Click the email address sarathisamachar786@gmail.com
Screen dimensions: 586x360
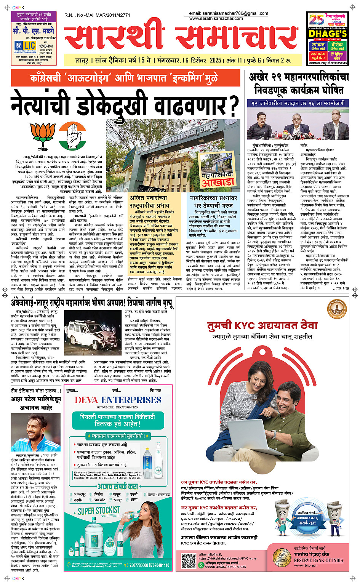pyautogui.click(x=229, y=13)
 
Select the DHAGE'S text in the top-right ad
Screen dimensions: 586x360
pyautogui.click(x=328, y=34)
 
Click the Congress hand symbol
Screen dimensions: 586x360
pyautogui.click(x=72, y=135)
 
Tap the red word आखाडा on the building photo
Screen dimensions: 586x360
pyautogui.click(x=218, y=182)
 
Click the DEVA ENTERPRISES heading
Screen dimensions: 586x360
pyautogui.click(x=118, y=400)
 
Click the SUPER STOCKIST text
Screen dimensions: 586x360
pyautogui.click(x=99, y=511)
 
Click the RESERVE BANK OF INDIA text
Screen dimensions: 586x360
pyautogui.click(x=318, y=560)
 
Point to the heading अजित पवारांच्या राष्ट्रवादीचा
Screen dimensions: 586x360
pyautogui.click(x=148, y=202)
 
